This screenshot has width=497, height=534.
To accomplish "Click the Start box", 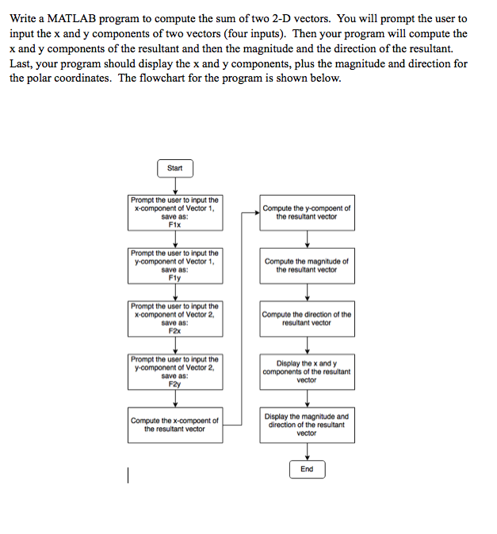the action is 175,168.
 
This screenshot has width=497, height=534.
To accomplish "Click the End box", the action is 308,469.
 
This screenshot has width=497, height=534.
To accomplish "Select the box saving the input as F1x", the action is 175,213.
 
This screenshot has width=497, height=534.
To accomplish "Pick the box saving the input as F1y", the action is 175,266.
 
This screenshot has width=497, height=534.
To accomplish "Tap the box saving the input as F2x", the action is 175,318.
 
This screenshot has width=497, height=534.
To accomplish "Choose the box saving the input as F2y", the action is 175,372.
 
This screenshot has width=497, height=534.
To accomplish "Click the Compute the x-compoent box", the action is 175,425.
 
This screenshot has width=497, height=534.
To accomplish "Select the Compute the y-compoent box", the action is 308,213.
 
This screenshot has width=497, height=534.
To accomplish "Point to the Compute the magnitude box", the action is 308,266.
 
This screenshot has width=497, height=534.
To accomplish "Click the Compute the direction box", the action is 308,318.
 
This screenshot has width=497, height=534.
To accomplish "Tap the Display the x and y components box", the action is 308,372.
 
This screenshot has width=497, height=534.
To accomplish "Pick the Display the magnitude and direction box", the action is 308,425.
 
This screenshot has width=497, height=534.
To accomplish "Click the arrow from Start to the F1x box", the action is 175,186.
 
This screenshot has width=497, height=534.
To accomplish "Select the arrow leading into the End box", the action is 308,452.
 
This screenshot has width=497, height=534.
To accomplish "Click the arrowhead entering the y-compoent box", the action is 258,213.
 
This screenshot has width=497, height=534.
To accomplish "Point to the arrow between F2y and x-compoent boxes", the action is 175,399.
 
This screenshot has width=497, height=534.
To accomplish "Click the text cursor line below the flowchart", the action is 128,475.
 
